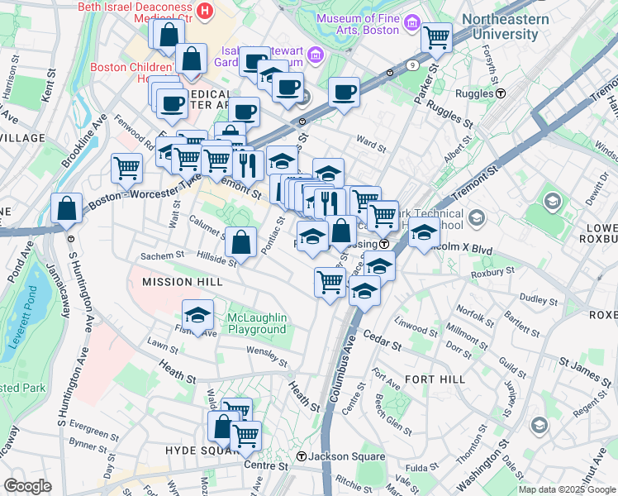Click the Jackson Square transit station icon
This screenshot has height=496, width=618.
pos(302,456)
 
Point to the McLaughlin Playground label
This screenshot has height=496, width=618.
pos(245,323)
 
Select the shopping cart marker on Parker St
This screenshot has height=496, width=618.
pos(436,36)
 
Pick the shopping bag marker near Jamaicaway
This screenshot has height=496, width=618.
pos(66,208)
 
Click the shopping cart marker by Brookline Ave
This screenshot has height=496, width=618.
pos(127,168)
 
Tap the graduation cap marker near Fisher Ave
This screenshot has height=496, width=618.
pos(197,315)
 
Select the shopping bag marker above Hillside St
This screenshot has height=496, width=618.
pos(240,241)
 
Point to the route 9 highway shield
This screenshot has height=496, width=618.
pos(411,64)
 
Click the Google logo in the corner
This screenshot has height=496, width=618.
pos(27,486)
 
